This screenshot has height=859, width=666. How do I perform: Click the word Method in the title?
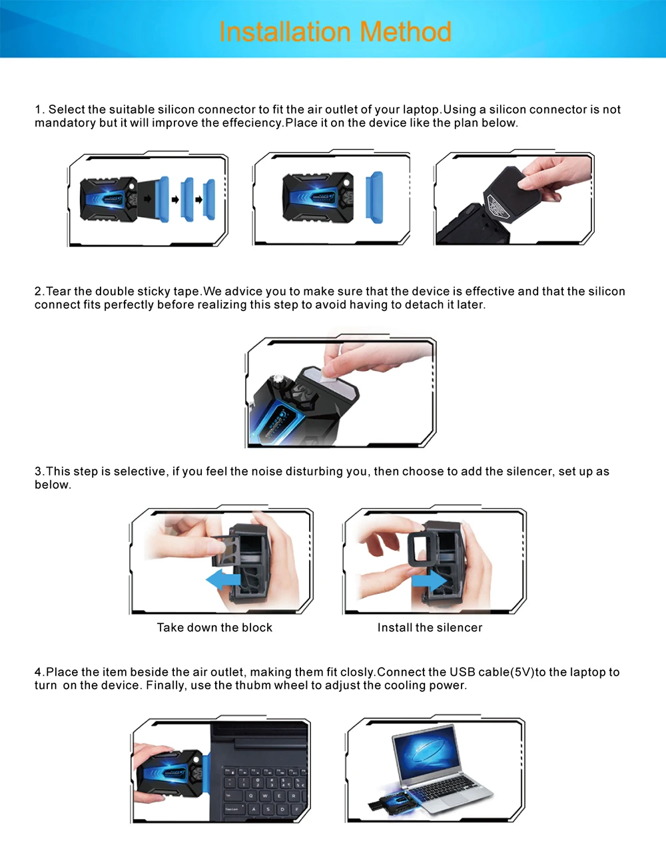406,31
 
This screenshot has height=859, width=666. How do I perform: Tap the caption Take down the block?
214,627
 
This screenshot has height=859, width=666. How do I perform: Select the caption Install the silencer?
430,627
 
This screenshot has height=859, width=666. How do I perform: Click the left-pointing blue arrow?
223,580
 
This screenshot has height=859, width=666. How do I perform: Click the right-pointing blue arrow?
430,581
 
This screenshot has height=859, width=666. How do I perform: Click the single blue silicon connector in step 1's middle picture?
374,198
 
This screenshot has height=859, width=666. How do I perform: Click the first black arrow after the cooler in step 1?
147,199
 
